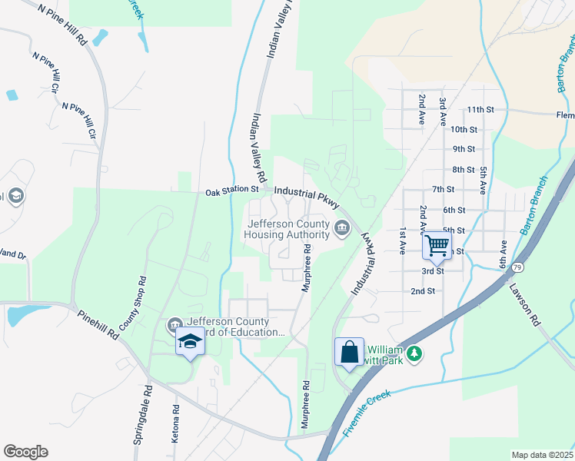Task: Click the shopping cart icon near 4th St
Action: (437, 246)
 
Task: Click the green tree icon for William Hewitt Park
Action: (415, 353)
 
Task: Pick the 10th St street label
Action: (464, 130)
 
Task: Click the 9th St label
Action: (464, 149)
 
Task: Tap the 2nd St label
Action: (423, 291)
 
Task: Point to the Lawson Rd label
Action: (523, 303)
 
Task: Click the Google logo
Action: (25, 452)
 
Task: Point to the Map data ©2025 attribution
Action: (542, 455)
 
